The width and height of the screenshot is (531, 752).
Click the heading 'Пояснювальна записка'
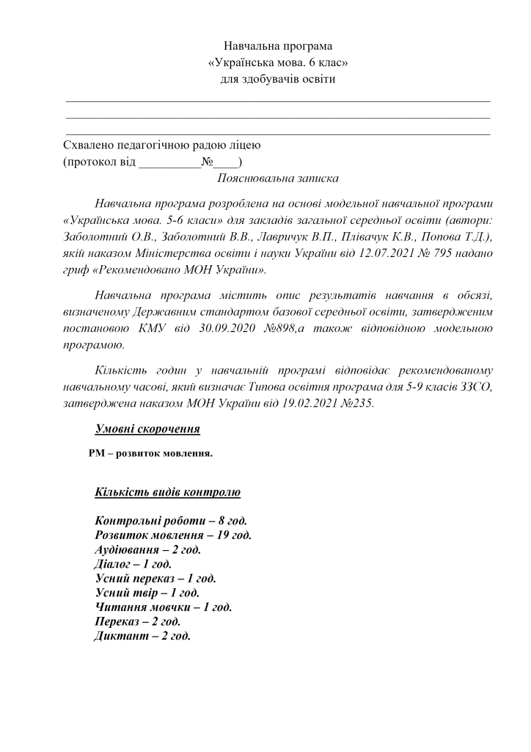(278, 178)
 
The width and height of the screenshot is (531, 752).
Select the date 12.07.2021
(408, 253)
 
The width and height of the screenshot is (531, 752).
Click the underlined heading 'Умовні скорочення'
(147, 429)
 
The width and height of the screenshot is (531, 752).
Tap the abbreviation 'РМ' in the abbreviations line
(97, 454)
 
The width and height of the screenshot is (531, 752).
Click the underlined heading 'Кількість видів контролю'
(167, 491)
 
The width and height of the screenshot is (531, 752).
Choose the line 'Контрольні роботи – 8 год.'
(166, 521)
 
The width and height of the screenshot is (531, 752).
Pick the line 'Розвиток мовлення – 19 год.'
(173, 535)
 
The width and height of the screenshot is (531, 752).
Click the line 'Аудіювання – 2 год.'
(147, 549)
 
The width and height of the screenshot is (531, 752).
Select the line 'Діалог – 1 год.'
(133, 564)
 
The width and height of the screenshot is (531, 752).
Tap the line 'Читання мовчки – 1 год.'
(164, 607)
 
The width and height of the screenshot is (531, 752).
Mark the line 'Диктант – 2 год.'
(142, 636)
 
